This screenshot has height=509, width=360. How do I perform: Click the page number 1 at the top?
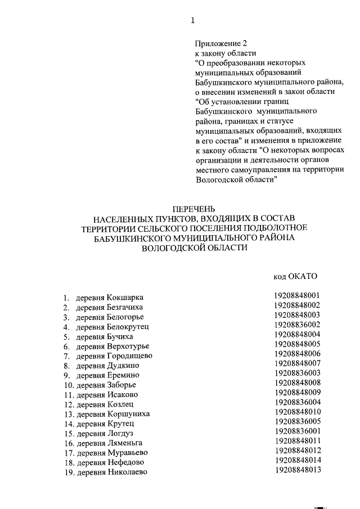192,21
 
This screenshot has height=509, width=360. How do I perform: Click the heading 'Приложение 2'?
221,43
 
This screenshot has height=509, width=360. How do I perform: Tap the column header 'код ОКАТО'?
295,276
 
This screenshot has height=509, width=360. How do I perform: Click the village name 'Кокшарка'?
125,297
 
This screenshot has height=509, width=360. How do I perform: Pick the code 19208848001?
297,295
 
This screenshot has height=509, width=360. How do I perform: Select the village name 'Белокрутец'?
128,326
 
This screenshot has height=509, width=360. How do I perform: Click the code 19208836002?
297,325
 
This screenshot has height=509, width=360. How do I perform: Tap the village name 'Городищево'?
129,355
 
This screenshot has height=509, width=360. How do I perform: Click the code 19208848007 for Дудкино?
297,363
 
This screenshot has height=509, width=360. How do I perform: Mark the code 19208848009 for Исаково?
297,393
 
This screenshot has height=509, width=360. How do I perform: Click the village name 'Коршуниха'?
129,414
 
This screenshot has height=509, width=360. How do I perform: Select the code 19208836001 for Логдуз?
297,431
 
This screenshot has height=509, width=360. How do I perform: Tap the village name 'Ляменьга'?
125,443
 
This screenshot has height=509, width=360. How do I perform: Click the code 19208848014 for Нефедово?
297,461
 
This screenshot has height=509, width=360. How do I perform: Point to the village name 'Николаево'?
127,472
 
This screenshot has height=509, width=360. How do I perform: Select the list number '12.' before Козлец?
69,404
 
